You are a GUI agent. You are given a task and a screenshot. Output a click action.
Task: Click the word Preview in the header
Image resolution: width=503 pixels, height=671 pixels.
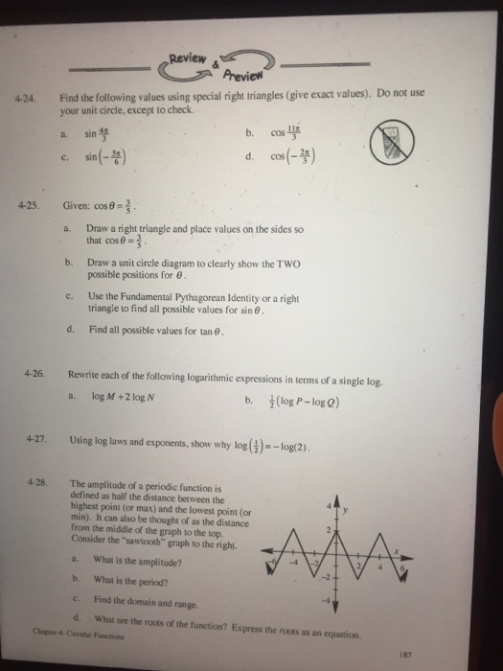pos(245,78)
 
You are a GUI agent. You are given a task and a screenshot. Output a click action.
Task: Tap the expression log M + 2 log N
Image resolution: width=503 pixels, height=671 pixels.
pos(119,393)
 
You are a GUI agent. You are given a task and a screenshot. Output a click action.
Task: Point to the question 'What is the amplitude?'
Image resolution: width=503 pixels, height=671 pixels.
pos(139,560)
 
